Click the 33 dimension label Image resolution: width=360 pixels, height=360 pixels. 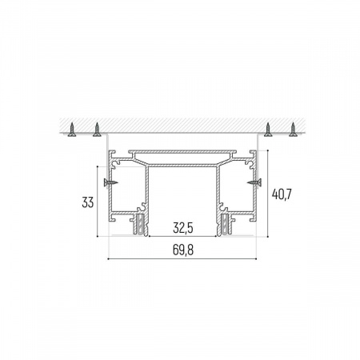88,202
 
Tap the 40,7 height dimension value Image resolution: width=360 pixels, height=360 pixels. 282,194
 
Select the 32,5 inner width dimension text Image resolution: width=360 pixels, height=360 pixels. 182,228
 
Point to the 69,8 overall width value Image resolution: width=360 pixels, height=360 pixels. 183,250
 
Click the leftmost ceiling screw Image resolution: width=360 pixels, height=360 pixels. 72,130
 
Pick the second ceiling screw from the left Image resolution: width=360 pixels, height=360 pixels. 97,130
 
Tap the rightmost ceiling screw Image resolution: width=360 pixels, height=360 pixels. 294,130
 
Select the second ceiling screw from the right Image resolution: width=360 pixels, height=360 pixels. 268,130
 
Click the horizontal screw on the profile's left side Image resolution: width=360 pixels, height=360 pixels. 110,182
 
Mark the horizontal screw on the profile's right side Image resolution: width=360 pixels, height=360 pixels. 254,182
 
